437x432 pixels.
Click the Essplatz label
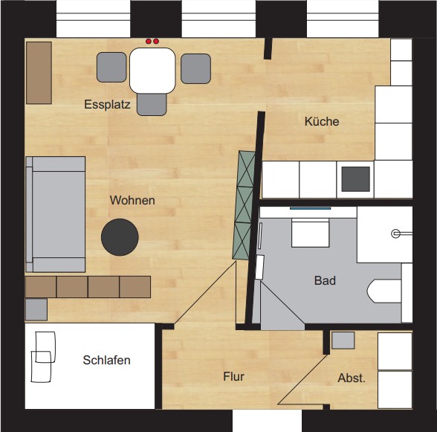107,105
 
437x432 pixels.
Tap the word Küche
322,121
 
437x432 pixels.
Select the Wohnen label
132,200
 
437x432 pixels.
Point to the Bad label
325,280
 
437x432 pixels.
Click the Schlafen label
107,360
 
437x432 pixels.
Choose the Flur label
233,376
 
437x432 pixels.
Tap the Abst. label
352,378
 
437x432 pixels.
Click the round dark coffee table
120,237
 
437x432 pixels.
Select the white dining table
152,71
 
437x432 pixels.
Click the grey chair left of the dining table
111,68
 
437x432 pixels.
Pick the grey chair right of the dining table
195,69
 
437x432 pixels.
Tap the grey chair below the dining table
152,104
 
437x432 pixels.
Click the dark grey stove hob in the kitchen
355,179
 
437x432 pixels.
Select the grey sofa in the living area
56,214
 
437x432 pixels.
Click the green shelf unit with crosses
244,205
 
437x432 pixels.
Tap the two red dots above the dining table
152,42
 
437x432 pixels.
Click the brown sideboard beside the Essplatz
39,73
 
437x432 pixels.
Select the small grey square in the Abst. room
343,341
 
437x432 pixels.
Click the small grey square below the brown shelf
36,309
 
